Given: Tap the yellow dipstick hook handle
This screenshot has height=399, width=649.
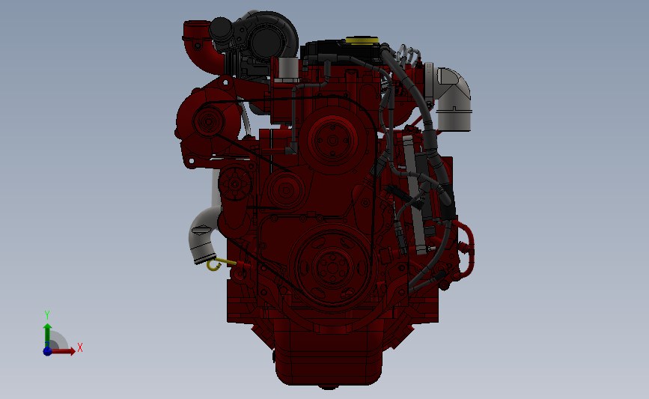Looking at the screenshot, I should click(213, 264).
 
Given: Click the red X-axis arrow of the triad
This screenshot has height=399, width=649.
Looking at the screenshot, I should click(64, 351).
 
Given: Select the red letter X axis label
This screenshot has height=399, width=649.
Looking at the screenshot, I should click(79, 347).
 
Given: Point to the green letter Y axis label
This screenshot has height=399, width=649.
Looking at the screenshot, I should click(46, 315).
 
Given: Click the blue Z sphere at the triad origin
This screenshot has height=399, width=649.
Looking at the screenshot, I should click(47, 350).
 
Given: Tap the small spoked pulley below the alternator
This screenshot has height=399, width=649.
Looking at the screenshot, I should click(235, 183).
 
